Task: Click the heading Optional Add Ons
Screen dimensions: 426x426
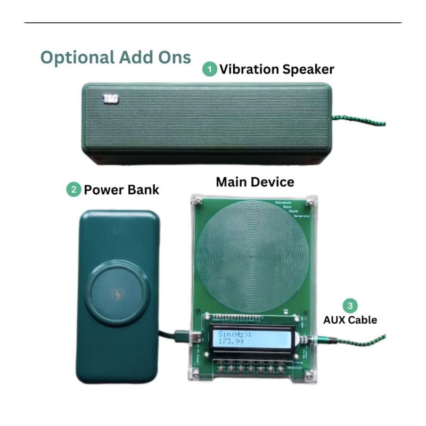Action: [116, 58]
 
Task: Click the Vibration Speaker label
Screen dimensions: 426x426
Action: [277, 69]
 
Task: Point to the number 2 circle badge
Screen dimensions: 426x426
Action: [73, 190]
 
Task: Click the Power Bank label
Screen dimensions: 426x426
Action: [121, 190]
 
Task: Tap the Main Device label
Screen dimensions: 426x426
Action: [255, 182]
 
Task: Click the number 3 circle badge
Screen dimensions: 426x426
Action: [350, 306]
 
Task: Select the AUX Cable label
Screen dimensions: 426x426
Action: [350, 320]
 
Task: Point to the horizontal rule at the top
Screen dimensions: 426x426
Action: [213, 23]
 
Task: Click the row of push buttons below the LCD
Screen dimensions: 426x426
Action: [250, 368]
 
